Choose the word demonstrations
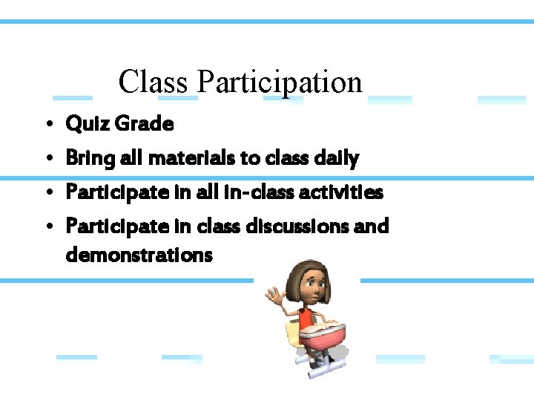pos(139,255)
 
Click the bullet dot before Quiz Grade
pos(47,125)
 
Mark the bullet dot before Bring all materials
pos(47,158)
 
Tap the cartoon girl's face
pos(314,287)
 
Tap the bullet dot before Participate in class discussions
pos(47,226)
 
